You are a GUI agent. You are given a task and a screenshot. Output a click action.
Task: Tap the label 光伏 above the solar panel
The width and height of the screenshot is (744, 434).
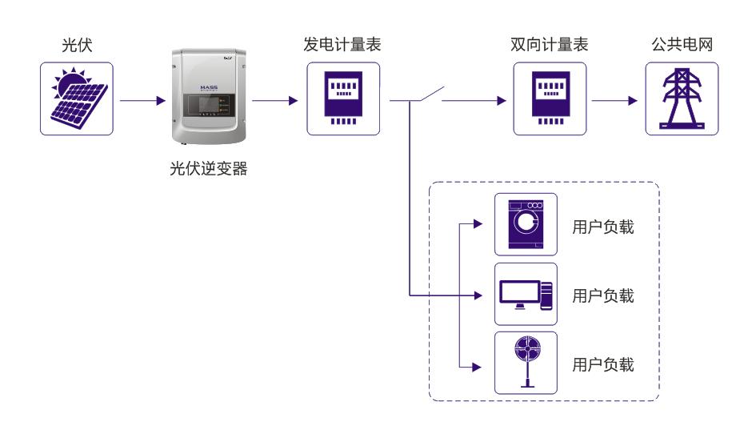(77, 45)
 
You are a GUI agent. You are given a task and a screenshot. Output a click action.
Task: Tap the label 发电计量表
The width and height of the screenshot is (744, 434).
(342, 45)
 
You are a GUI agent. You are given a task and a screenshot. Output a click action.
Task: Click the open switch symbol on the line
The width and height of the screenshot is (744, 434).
(425, 95)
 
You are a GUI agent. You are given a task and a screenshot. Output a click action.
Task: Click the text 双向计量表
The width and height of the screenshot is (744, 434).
(549, 45)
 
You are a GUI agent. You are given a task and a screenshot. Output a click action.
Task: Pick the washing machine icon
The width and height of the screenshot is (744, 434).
(526, 225)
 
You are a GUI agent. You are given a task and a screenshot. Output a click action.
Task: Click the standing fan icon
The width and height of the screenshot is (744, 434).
(526, 363)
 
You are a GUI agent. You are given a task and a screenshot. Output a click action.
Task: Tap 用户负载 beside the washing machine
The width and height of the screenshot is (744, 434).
(603, 227)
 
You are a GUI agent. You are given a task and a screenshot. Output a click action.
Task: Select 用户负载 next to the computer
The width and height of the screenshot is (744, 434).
(603, 296)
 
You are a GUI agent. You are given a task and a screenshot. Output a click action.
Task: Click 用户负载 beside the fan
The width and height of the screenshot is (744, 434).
(603, 365)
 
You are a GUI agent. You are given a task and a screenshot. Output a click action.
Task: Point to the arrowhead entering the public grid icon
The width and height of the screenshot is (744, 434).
(634, 102)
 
